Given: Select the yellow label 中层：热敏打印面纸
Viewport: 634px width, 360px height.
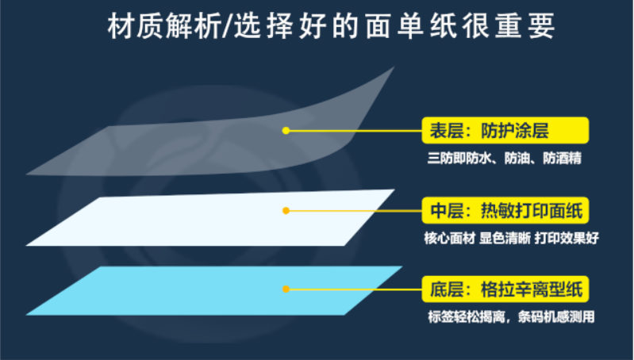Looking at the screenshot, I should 505,211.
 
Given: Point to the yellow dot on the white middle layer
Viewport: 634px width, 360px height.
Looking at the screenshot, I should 286,211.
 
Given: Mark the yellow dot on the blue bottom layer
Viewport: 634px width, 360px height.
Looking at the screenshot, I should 286,289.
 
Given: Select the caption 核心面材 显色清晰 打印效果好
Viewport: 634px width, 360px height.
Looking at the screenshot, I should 505,239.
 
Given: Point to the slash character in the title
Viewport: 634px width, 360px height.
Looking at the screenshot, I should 224,28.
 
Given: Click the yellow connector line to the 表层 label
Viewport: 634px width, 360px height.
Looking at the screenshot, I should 357,130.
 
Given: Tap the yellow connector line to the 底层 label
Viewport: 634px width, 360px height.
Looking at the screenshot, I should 357,289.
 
